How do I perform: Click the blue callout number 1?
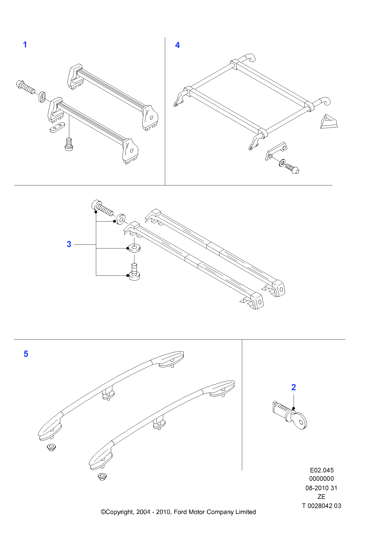click(25, 44)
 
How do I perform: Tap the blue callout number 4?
click(178, 45)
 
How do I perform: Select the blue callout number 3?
click(69, 244)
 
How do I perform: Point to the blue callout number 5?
click(26, 354)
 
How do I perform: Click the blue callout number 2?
click(294, 387)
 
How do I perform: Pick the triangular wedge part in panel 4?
click(329, 122)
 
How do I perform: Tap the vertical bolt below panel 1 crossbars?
click(69, 144)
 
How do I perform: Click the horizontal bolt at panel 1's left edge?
click(26, 87)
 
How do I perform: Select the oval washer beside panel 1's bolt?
click(42, 97)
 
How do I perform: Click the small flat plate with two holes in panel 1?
click(57, 127)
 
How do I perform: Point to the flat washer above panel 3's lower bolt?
click(134, 248)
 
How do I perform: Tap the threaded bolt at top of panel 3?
click(103, 208)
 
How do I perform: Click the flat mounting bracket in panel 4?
click(276, 151)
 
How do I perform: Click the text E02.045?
click(322, 470)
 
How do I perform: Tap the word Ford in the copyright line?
click(180, 512)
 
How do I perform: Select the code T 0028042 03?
click(322, 506)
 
